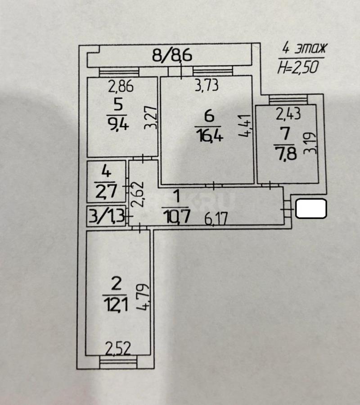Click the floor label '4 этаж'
click(x=305, y=48)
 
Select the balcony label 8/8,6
click(x=172, y=55)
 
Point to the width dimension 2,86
click(x=121, y=86)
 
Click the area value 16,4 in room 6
click(x=209, y=135)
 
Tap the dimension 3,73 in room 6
click(x=207, y=85)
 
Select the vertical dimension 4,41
click(x=244, y=125)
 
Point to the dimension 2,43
click(x=288, y=114)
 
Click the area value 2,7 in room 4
click(x=106, y=191)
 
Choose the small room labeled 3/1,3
click(x=106, y=216)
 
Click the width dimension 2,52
click(x=118, y=349)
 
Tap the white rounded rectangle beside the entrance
click(x=311, y=209)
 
